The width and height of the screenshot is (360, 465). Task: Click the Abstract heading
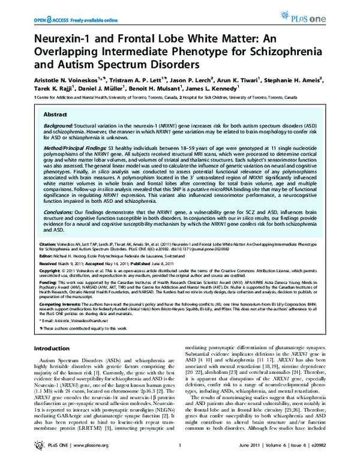click(x=56, y=113)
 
